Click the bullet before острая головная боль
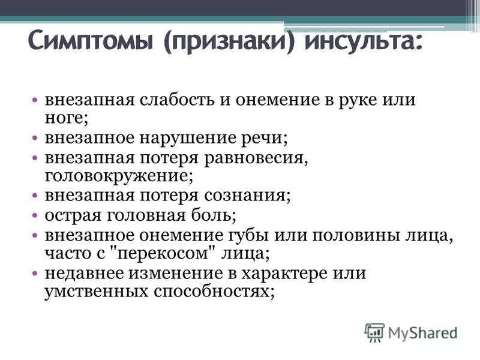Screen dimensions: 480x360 click(x=35, y=215)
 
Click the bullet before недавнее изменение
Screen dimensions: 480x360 click(x=35, y=273)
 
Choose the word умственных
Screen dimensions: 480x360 click(x=97, y=292)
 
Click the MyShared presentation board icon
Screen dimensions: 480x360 click(x=374, y=332)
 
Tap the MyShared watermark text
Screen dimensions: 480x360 click(x=422, y=333)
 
